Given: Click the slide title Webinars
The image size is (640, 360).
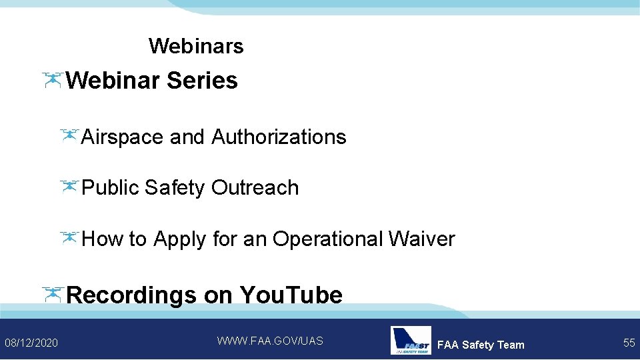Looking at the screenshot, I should pos(196,46).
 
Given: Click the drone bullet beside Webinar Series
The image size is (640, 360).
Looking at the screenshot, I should pos(52,80).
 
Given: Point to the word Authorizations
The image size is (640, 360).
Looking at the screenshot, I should pos(279,137).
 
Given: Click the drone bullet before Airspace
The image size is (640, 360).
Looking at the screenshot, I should pos(69,136).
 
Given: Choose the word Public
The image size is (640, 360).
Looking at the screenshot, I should pos(110,187).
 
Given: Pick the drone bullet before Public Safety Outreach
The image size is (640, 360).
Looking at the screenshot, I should pos(69,187).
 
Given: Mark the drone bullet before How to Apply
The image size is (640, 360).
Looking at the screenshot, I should pos(69,237).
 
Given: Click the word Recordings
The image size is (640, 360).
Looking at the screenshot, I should pos(132,295).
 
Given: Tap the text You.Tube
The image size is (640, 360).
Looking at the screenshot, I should pos(291,295).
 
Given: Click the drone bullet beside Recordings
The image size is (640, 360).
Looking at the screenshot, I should pos(52,293).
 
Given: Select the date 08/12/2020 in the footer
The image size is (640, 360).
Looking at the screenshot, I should pos(31,343).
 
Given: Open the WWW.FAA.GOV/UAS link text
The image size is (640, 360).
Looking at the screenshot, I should pos(270,341).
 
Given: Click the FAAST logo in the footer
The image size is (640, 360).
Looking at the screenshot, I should pos(411,340).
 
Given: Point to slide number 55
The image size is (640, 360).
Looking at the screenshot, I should pos(629,343).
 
